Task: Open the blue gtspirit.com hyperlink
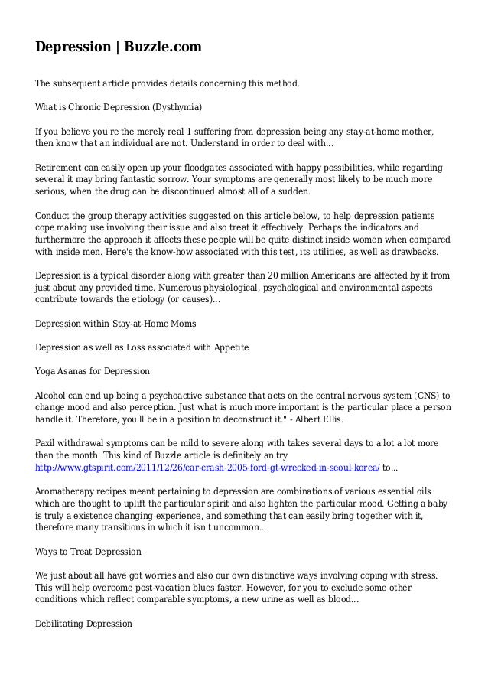tap(207, 469)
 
